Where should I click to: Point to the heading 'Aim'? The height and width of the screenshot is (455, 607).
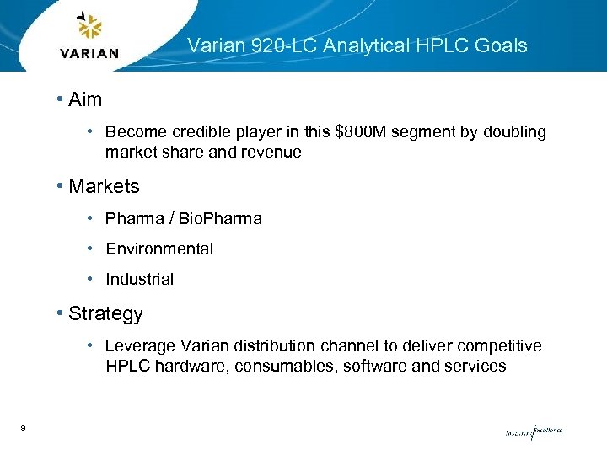(85, 99)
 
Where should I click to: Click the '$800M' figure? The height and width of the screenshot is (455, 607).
(363, 132)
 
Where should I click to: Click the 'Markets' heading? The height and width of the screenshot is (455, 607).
(104, 185)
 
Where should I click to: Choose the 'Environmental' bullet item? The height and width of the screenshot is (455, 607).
(159, 249)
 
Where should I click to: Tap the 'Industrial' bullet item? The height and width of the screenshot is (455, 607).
(139, 280)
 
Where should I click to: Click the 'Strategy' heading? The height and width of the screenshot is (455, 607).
(105, 314)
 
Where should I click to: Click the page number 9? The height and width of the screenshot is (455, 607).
(23, 429)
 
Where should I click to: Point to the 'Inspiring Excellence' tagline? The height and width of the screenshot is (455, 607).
(534, 431)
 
